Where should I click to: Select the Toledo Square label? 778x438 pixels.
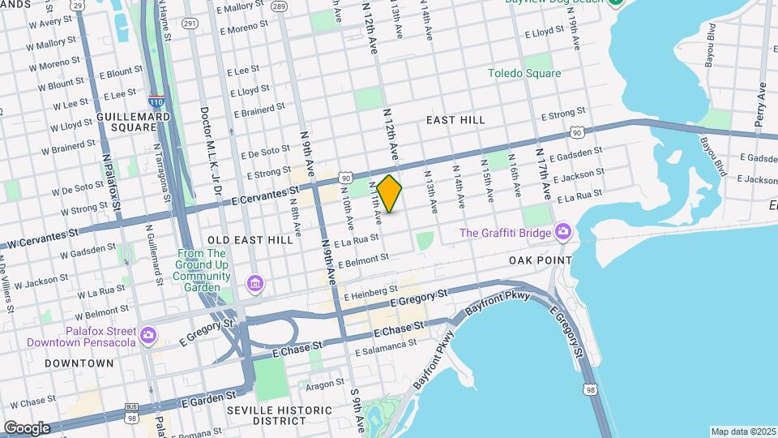pos(524,73)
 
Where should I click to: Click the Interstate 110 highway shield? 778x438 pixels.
pos(156,101)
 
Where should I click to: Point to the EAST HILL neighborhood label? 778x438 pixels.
pos(455,120)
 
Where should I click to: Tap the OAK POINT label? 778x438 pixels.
pos(541,260)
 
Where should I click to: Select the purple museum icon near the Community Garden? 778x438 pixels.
pos(254,282)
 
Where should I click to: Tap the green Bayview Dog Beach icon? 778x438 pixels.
pos(616,2)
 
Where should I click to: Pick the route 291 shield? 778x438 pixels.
pos(190,24)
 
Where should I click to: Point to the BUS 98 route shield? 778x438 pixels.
pos(131,411)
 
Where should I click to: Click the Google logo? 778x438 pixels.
pos(27,427)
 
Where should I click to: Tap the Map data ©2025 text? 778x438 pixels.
pos(742,432)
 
